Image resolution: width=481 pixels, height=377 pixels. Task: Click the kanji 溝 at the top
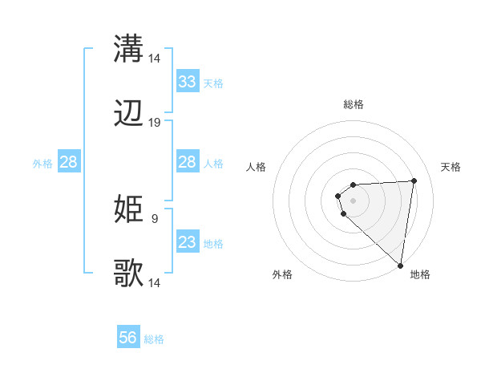[128, 48]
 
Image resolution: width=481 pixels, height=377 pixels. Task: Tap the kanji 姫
[128, 209]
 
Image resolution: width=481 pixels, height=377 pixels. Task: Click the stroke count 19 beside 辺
[155, 123]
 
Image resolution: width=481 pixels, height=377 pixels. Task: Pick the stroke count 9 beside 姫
[154, 217]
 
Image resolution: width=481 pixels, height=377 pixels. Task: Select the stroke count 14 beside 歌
[155, 283]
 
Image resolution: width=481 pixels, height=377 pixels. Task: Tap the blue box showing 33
[188, 82]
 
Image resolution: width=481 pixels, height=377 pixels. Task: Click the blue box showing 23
[188, 242]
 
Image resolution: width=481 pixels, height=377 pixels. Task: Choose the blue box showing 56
[128, 338]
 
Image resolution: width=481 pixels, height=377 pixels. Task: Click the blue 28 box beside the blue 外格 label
[69, 162]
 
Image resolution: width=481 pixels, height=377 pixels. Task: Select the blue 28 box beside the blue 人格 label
[188, 162]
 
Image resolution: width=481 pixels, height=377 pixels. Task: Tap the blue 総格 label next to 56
[154, 339]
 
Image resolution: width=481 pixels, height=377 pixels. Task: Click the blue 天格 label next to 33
[212, 83]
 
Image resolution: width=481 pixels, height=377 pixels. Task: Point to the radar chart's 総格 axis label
[354, 104]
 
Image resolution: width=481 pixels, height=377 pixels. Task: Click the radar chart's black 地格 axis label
[420, 274]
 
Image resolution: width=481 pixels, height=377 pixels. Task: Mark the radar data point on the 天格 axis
[414, 180]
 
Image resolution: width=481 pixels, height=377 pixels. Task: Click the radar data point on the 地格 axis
[400, 265]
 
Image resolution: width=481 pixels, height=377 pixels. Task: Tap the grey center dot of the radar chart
[353, 200]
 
